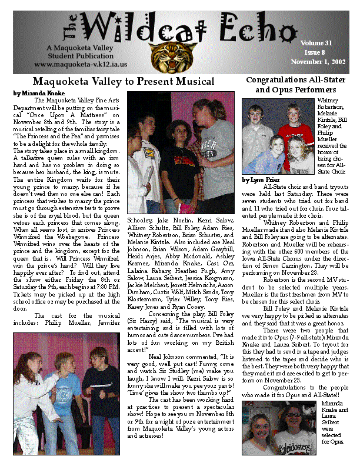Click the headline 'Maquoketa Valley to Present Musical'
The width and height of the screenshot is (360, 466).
click(123, 81)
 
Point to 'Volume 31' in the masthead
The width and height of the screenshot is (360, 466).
click(316, 43)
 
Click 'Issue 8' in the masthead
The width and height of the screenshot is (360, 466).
click(316, 52)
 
